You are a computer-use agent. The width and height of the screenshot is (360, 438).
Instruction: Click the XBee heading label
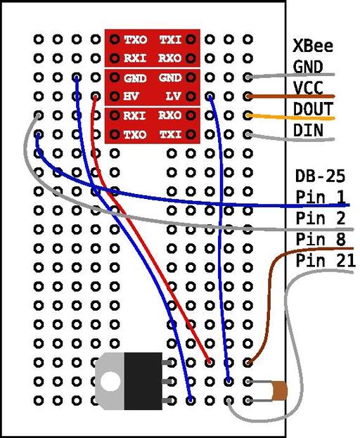[313, 46]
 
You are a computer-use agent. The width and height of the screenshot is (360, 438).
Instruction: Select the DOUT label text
[313, 109]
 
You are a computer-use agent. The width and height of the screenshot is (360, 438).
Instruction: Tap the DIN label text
[308, 130]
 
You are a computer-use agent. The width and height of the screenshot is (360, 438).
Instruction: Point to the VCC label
[308, 88]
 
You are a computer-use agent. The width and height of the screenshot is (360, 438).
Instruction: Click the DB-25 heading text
[320, 176]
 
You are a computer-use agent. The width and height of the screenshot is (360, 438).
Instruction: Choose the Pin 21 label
[326, 261]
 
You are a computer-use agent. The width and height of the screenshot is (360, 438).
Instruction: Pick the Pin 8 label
[321, 240]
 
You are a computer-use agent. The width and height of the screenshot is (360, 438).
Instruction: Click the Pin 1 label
[321, 197]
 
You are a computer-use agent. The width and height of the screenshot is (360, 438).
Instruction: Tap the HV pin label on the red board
[131, 96]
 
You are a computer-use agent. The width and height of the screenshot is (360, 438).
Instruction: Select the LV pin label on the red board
[173, 96]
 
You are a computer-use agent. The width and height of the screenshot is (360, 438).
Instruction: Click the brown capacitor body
[280, 391]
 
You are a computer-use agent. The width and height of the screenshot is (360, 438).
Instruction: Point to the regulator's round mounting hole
[110, 381]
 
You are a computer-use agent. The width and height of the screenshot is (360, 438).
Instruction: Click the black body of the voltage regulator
[143, 381]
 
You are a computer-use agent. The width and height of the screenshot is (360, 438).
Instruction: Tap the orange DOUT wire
[291, 117]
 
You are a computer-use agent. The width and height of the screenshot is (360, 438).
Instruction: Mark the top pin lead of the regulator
[167, 363]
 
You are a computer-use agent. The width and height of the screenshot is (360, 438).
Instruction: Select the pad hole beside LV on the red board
[191, 96]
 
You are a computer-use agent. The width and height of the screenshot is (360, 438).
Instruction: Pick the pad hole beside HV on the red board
[115, 96]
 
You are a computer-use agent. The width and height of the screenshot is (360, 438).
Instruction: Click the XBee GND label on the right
[308, 67]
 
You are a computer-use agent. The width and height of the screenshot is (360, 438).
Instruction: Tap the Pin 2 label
[321, 218]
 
